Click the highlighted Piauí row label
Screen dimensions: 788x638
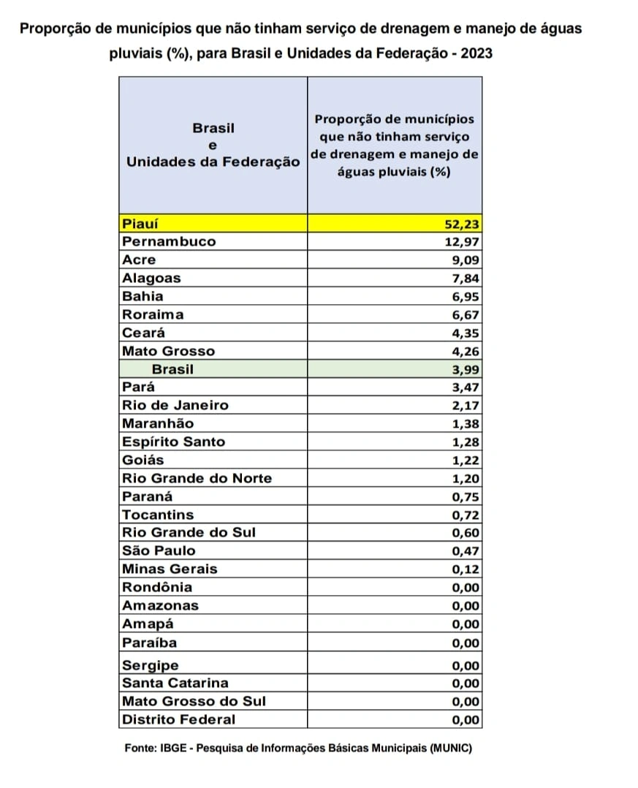pyautogui.click(x=140, y=223)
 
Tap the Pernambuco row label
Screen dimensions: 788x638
pyautogui.click(x=169, y=241)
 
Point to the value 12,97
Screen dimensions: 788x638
pyautogui.click(x=460, y=242)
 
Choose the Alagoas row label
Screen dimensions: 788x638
pyautogui.click(x=151, y=278)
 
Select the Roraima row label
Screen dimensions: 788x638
pyautogui.click(x=153, y=314)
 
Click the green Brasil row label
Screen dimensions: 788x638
pyautogui.click(x=172, y=369)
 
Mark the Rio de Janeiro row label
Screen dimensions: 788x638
pyautogui.click(x=175, y=405)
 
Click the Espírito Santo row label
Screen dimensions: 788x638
pyautogui.click(x=173, y=442)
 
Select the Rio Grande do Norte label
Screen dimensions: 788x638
pyautogui.click(x=197, y=478)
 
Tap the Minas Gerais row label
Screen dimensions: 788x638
pyautogui.click(x=170, y=569)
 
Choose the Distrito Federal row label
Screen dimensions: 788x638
pyautogui.click(x=178, y=719)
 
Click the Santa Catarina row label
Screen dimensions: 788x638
pyautogui.click(x=175, y=683)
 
